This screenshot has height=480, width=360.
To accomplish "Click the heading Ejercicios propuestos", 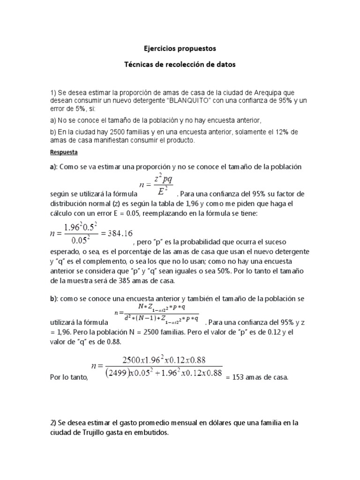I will (x=180, y=48).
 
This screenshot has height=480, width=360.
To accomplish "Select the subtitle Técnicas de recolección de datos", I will (x=180, y=65).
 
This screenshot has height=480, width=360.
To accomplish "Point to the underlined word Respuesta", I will (x=64, y=153).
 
